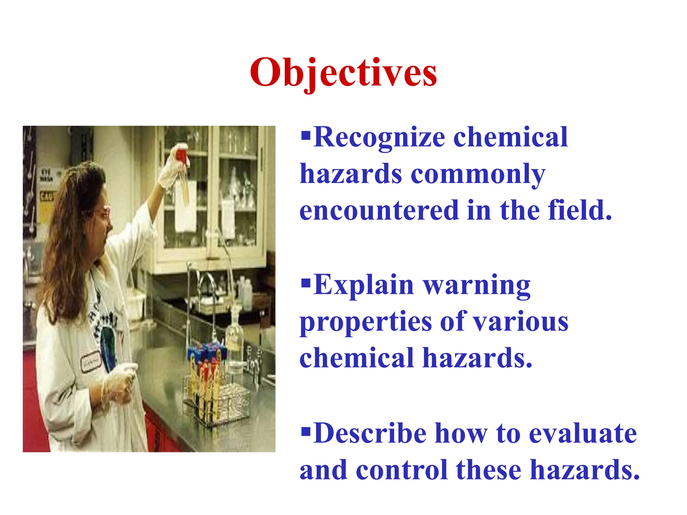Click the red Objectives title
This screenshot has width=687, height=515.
tap(343, 73)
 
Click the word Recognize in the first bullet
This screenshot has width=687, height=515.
tap(379, 137)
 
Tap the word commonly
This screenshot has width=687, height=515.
tap(478, 174)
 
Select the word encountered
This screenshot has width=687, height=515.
tap(379, 211)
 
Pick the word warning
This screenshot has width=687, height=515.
tap(476, 285)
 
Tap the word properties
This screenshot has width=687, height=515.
tap(366, 322)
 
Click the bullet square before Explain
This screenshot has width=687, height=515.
tap(306, 284)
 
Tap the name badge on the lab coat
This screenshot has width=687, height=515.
tap(91, 362)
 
